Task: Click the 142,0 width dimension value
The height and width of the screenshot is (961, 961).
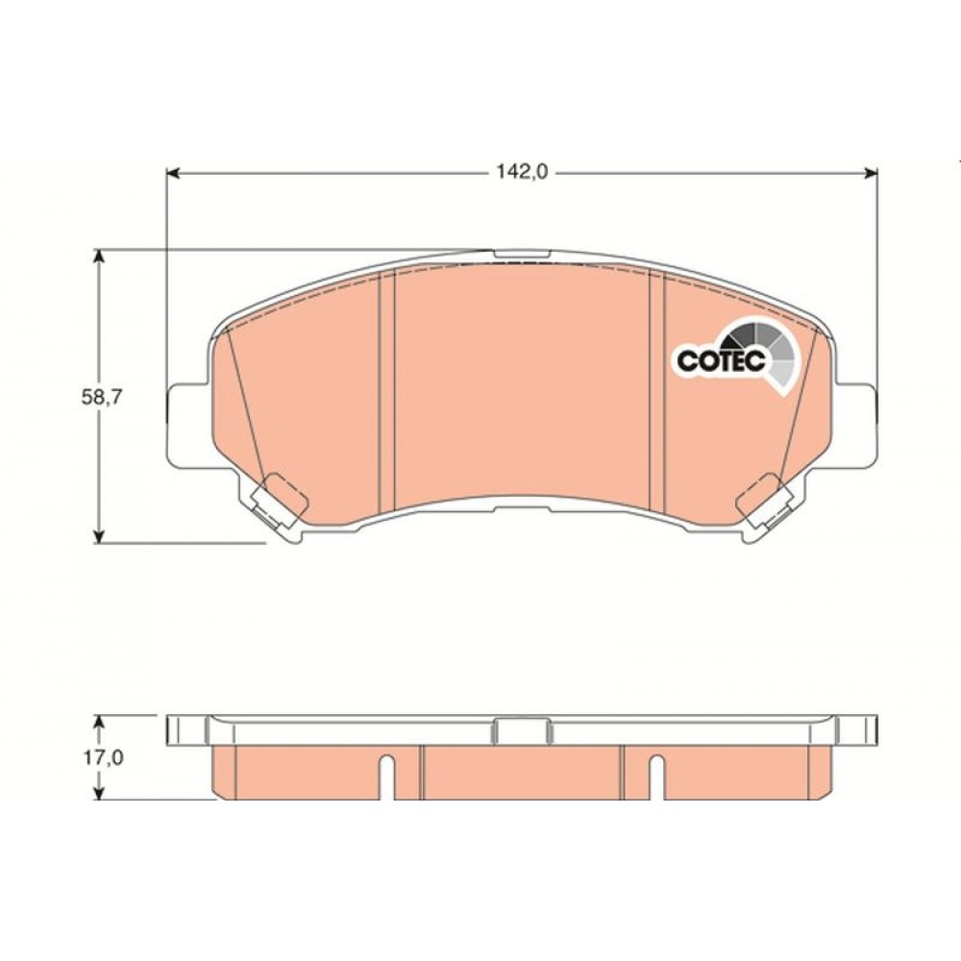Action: [x=522, y=172]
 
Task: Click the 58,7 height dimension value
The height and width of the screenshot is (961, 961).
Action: [x=103, y=397]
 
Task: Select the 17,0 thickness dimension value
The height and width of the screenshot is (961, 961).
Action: [x=104, y=758]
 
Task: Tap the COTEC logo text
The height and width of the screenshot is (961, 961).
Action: [x=722, y=360]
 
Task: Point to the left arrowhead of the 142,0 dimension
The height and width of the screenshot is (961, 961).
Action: [x=172, y=173]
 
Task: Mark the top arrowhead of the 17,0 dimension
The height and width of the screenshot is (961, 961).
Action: [x=97, y=722]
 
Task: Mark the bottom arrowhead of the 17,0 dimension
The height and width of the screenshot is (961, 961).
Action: [x=97, y=793]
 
